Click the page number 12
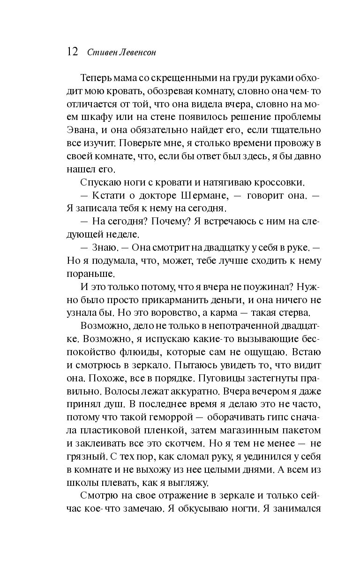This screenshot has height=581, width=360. point(73,52)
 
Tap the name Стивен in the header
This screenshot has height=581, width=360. point(100,52)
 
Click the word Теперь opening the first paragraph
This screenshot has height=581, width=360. point(96,77)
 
